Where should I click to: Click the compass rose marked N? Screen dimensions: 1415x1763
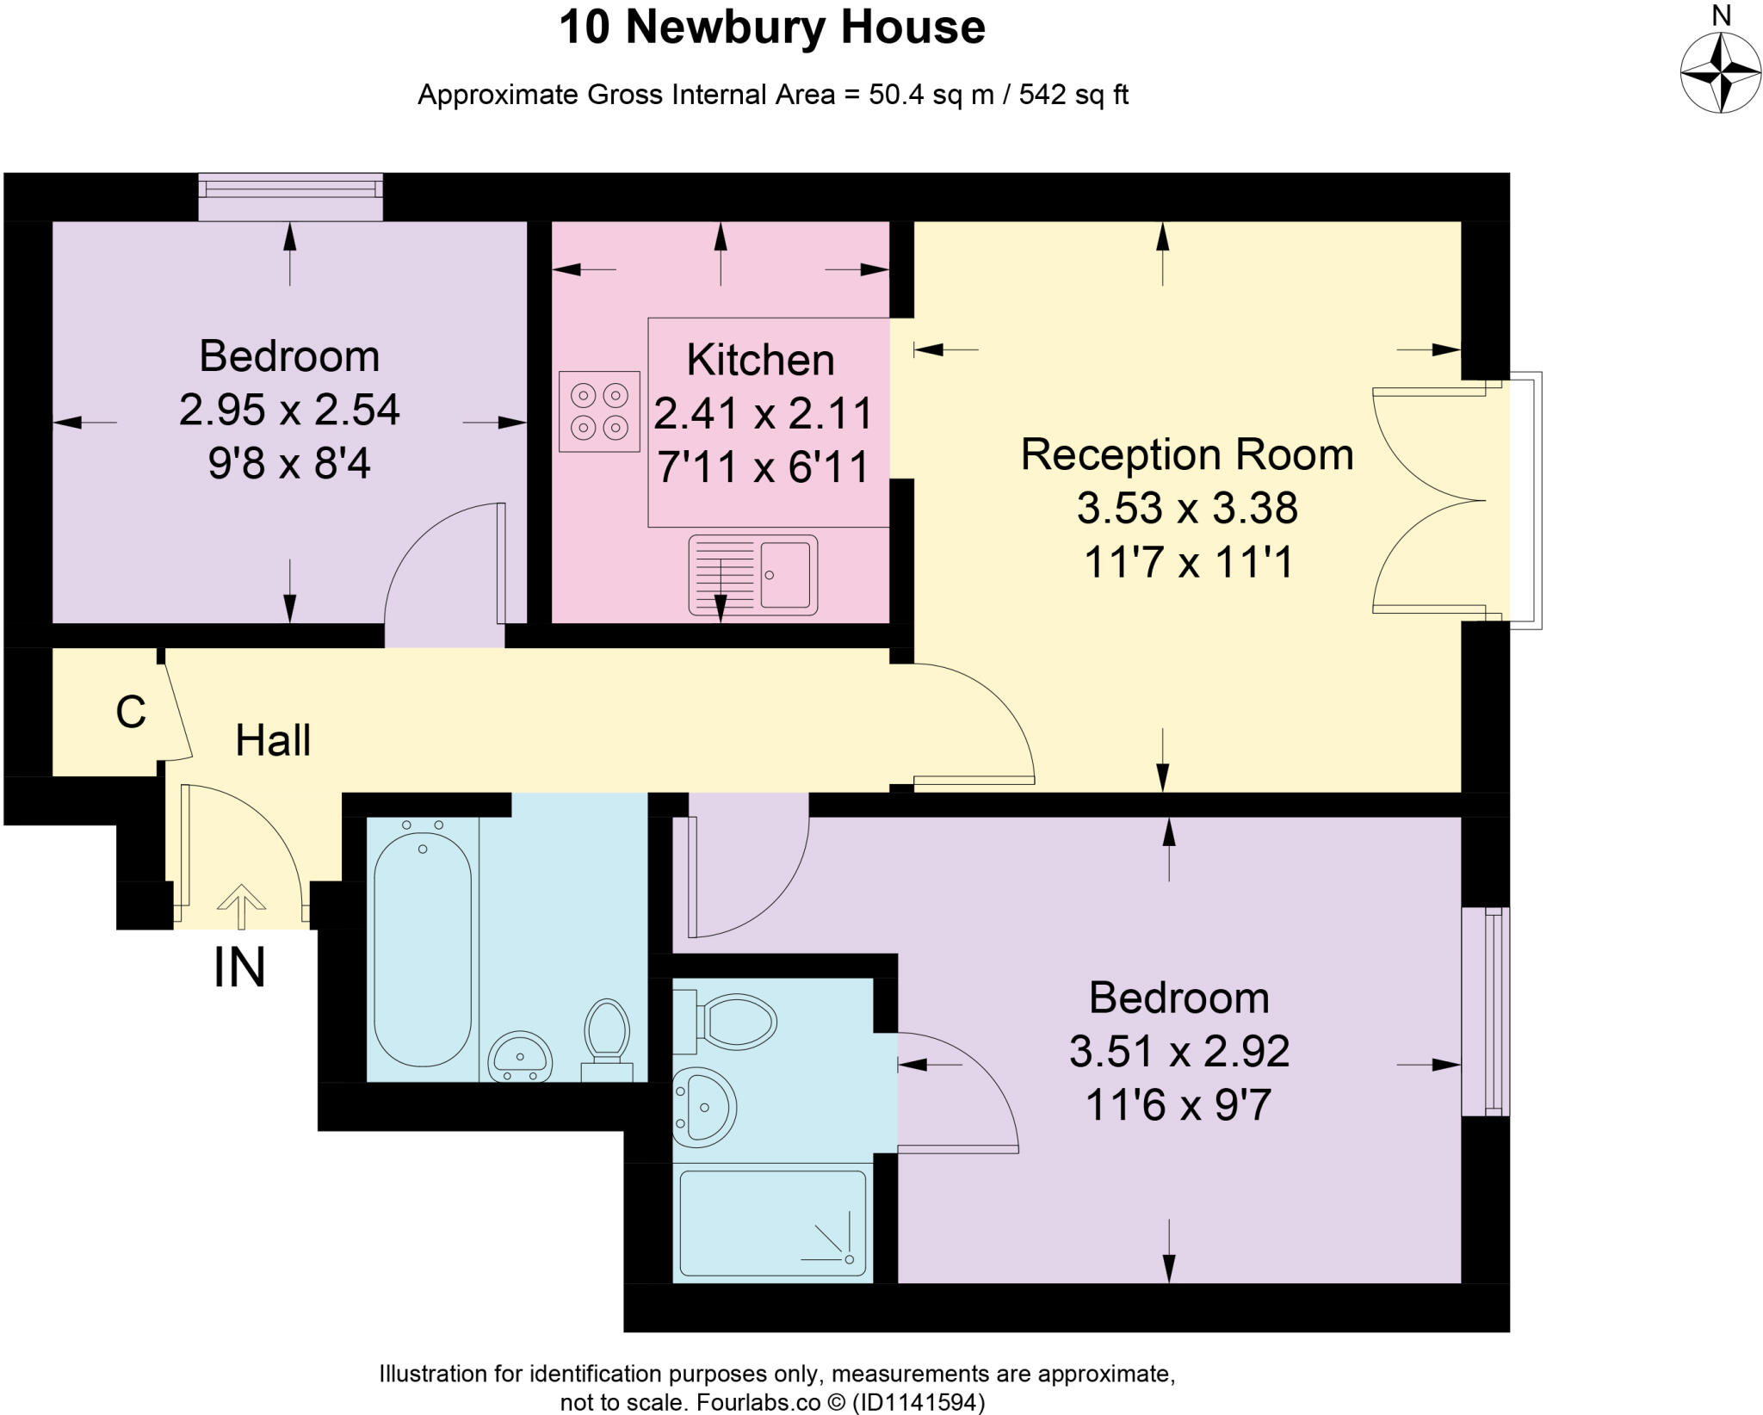[x=1720, y=72]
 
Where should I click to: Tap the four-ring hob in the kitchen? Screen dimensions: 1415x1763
[x=599, y=411]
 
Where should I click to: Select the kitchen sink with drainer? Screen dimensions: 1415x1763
[x=752, y=575]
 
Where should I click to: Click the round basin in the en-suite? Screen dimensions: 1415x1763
[x=704, y=1109]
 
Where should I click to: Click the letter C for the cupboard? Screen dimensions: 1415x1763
[x=131, y=713]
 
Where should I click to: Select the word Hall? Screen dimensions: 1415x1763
[x=273, y=741]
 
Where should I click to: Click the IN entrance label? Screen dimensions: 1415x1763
[x=239, y=968]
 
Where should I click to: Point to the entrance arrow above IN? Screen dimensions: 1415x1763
[x=241, y=906]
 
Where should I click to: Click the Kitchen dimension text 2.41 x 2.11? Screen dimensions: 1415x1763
[x=763, y=414]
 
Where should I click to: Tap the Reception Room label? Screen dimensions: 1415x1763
[x=1186, y=454]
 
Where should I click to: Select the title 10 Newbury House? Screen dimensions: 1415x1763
[x=772, y=28]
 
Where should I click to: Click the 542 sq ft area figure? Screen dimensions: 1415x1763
[x=1073, y=95]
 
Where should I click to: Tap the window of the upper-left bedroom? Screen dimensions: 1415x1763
[x=290, y=197]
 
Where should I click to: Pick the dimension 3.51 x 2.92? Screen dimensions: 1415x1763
[x=1178, y=1052]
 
